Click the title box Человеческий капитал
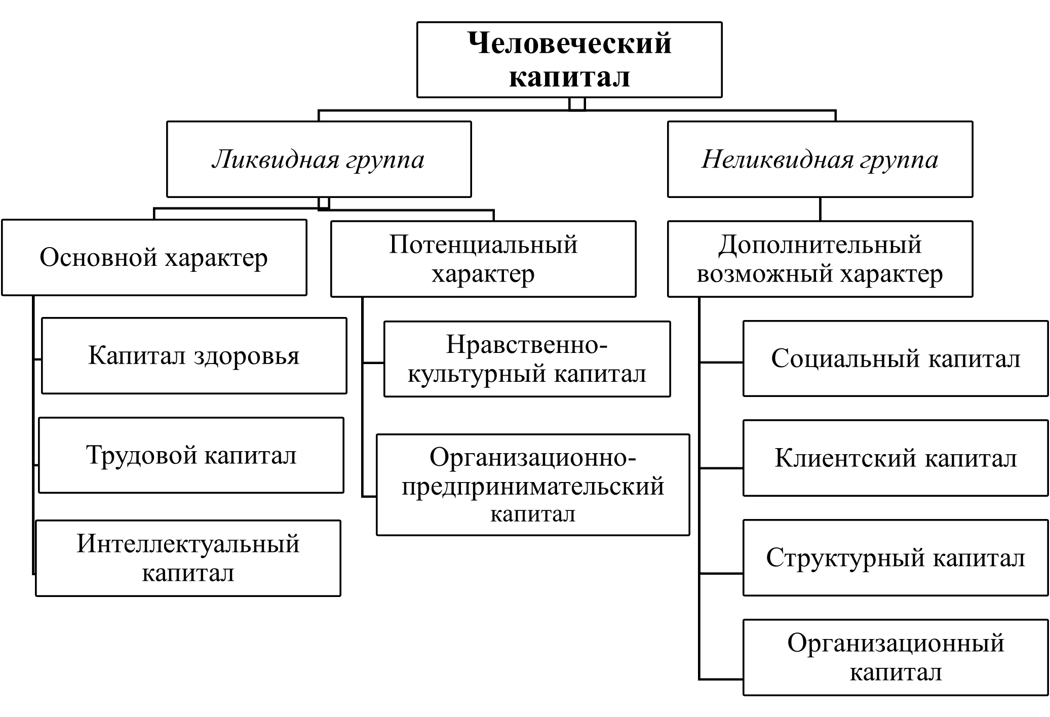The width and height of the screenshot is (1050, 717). pyautogui.click(x=569, y=60)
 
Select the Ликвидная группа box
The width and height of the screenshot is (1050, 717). pyautogui.click(x=319, y=159)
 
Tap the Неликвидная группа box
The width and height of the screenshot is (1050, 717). pyautogui.click(x=820, y=159)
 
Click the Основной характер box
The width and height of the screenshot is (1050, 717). pyautogui.click(x=154, y=257)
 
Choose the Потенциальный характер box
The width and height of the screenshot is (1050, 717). pyautogui.click(x=483, y=259)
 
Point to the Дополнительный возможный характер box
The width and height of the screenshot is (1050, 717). pyautogui.click(x=820, y=259)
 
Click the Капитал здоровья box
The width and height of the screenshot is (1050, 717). pyautogui.click(x=194, y=355)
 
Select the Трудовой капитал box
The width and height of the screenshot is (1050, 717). pyautogui.click(x=191, y=455)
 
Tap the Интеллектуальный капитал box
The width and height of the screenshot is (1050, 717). pyautogui.click(x=188, y=558)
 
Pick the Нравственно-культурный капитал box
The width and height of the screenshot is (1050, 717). pyautogui.click(x=527, y=359)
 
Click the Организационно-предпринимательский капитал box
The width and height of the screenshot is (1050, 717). pyautogui.click(x=533, y=485)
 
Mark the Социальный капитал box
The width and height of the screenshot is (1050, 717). pyautogui.click(x=895, y=358)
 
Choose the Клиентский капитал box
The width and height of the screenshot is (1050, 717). pyautogui.click(x=895, y=458)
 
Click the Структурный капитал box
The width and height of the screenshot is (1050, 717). pyautogui.click(x=895, y=557)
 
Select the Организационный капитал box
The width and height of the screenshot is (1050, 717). pyautogui.click(x=895, y=657)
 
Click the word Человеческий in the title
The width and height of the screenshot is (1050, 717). pyautogui.click(x=569, y=44)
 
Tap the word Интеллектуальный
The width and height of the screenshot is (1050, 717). pyautogui.click(x=188, y=544)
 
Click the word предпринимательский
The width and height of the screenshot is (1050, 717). pyautogui.click(x=533, y=486)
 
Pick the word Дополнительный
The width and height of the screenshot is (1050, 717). pyautogui.click(x=820, y=245)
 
